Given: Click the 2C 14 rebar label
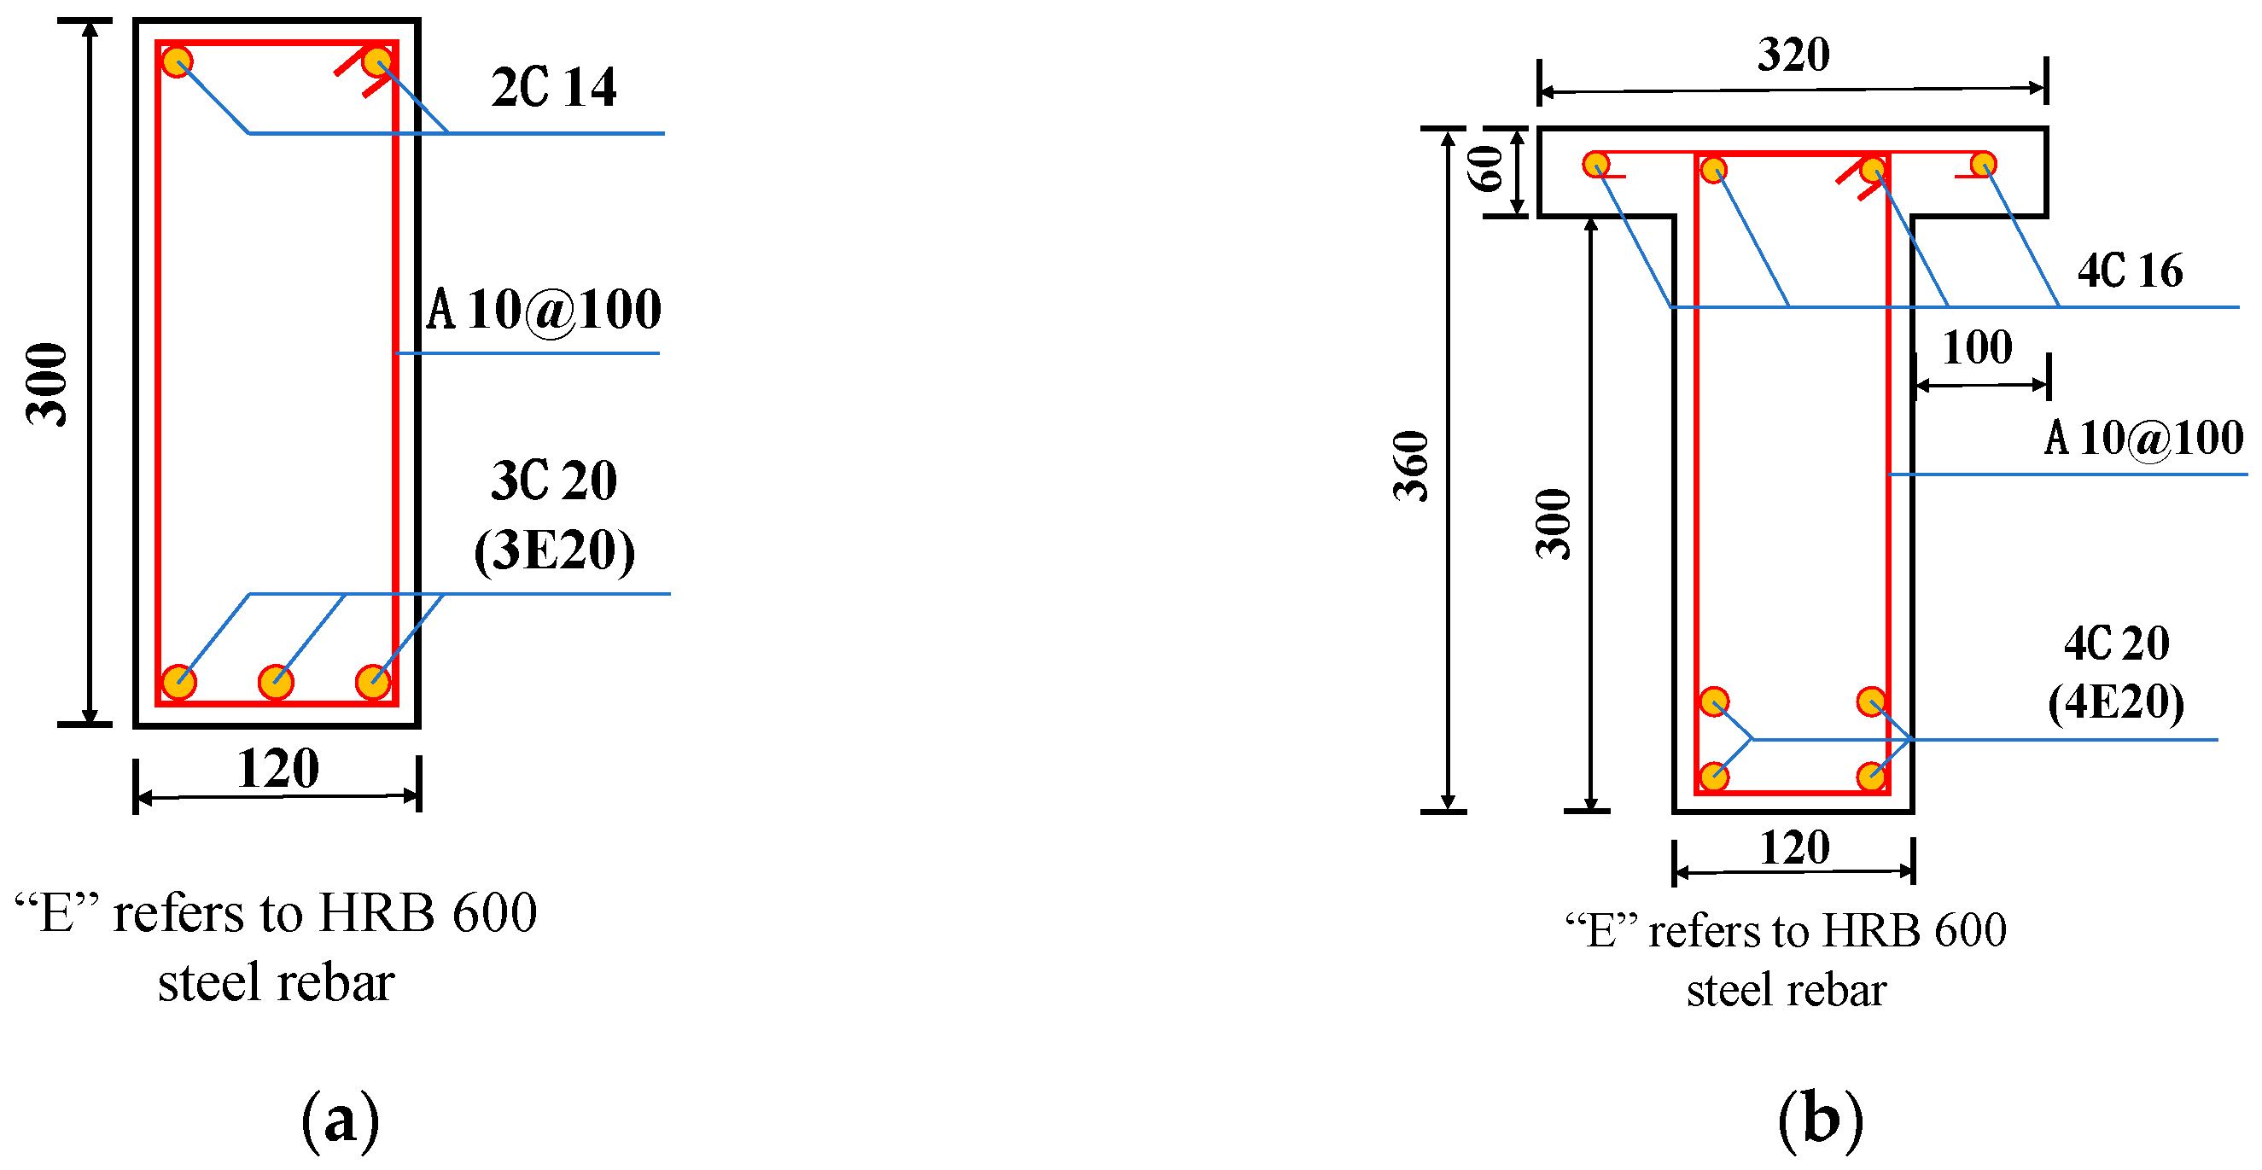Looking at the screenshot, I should coord(553,87).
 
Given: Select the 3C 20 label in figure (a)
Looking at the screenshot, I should coord(553,480).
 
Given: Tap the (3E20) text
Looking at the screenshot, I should coord(553,550).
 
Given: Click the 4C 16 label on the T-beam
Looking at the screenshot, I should coord(2130,271).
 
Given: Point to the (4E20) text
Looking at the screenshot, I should coord(2115,701).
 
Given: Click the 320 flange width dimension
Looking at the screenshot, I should coord(1793,55).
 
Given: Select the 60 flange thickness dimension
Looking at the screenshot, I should coord(1486,170).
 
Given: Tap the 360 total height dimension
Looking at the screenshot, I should coord(1411,466).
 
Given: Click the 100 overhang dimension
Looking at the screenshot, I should coord(1977,346).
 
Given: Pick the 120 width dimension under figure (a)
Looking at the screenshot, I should coord(277,769).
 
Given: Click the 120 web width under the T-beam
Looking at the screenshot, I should coord(1794,848).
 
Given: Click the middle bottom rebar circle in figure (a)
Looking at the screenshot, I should coord(276,682).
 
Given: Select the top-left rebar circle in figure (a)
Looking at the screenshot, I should coord(178,62).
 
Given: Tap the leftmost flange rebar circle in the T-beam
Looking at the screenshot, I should coord(1595,164).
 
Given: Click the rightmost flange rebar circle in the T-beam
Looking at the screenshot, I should coord(1983,164).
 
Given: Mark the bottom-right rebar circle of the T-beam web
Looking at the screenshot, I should coord(1871,776).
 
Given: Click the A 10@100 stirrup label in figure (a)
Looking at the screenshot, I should coord(544,310).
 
